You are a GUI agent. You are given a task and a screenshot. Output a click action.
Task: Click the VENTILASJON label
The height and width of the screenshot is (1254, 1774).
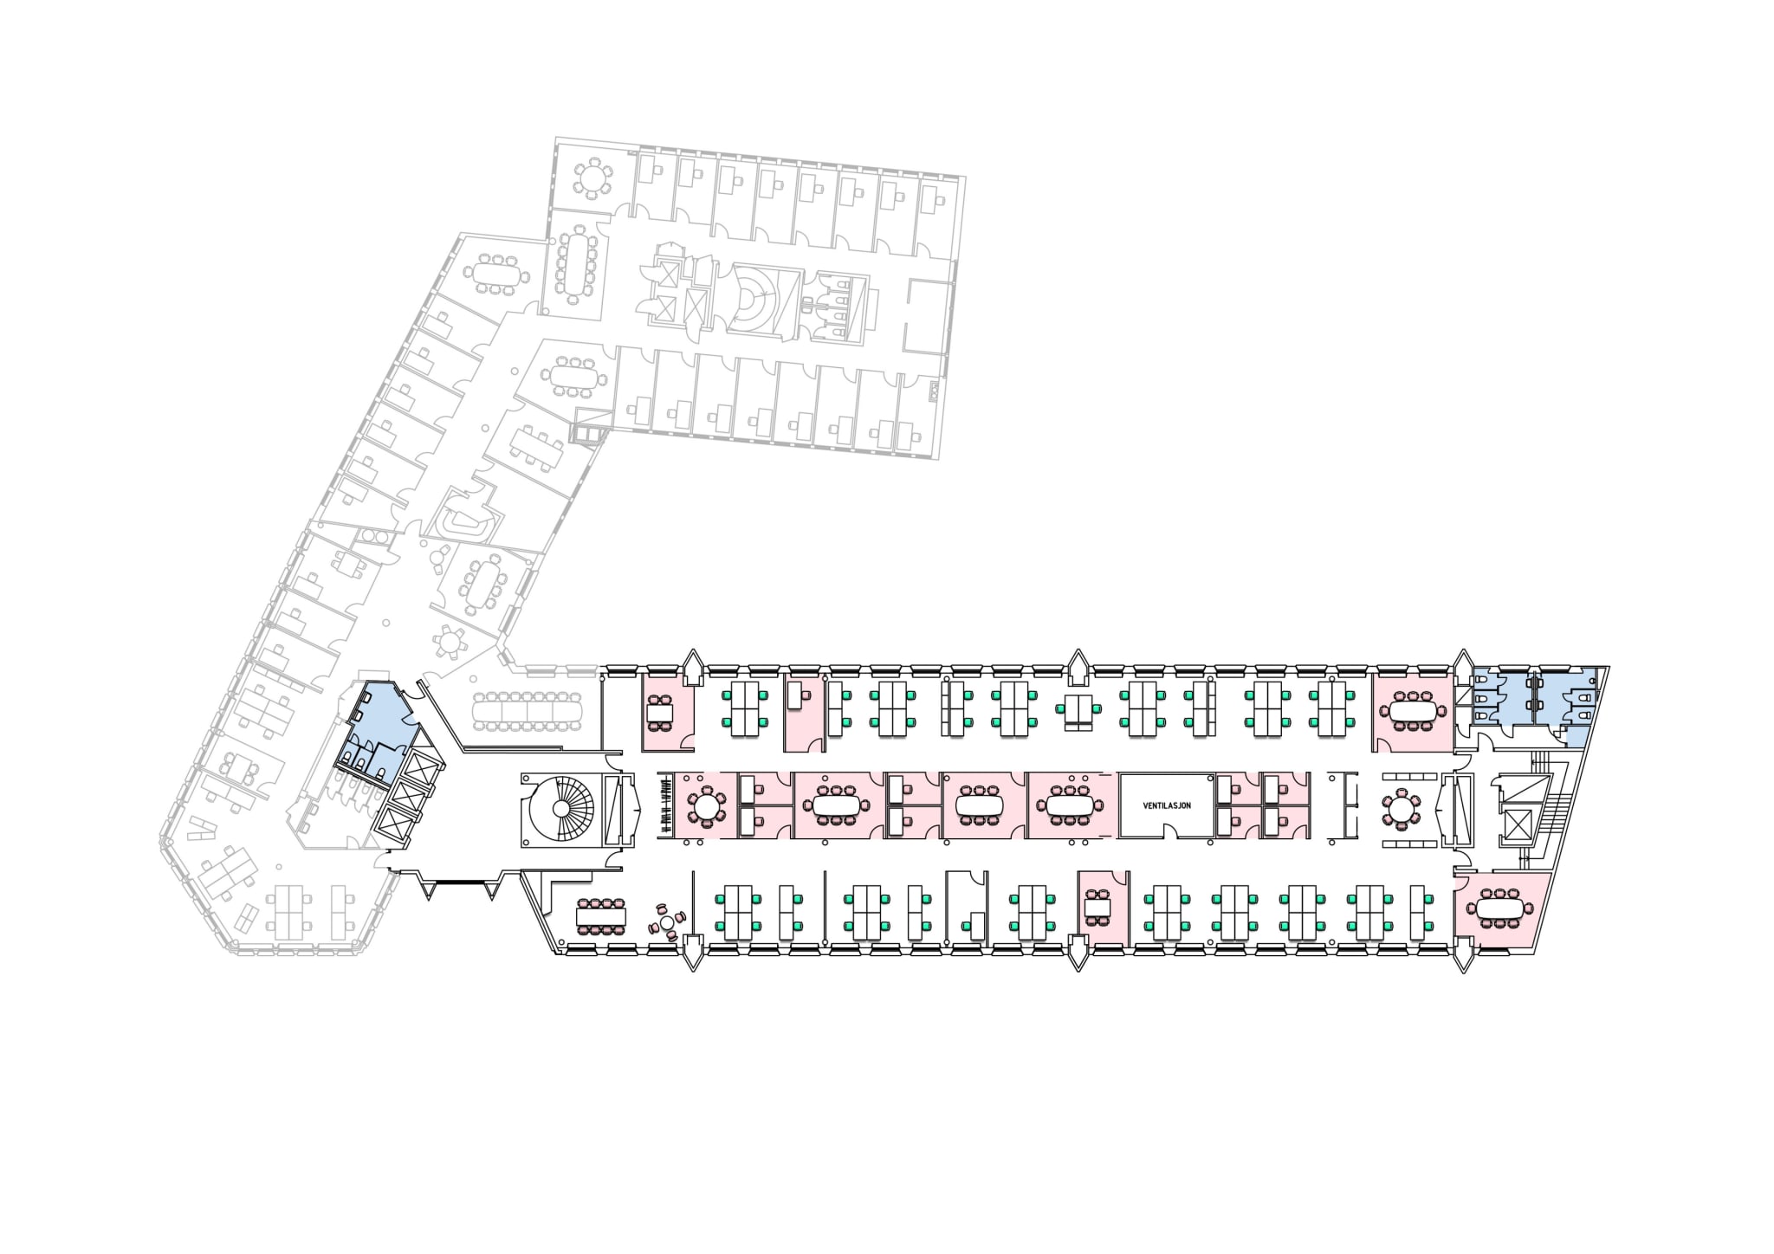(1167, 805)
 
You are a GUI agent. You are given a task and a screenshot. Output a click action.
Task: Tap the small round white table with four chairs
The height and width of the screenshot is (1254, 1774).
(668, 923)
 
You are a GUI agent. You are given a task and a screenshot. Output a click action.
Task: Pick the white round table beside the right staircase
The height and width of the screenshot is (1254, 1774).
(1401, 809)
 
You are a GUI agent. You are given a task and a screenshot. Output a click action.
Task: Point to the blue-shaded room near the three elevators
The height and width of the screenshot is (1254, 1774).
(381, 714)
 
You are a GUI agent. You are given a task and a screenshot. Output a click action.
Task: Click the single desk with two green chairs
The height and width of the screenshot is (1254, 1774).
(1078, 708)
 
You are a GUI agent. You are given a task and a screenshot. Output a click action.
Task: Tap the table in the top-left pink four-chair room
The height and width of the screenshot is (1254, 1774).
(660, 713)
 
